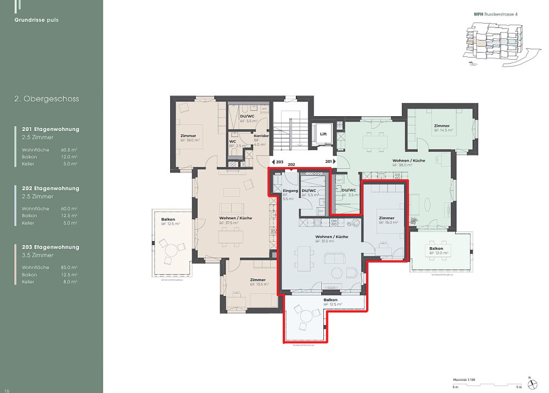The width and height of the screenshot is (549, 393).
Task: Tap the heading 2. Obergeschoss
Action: [x=47, y=99]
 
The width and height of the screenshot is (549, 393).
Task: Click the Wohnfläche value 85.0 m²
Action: [x=69, y=267]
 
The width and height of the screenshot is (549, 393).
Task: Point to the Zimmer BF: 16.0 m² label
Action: [x=387, y=220]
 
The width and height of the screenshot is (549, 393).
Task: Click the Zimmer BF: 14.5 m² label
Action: [x=443, y=128]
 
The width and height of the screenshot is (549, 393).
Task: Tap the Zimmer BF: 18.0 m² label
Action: [x=189, y=138]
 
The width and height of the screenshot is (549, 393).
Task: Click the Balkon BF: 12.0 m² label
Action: [x=439, y=251]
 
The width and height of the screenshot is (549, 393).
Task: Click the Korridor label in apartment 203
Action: [x=260, y=136]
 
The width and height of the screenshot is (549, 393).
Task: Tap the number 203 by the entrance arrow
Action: [x=279, y=162]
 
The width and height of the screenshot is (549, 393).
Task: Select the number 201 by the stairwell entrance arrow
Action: [x=329, y=162]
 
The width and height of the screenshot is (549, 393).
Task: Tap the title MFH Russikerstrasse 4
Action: [x=496, y=14]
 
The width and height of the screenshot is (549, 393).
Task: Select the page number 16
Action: [x=7, y=390]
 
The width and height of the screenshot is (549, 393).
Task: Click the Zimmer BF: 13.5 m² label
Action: [x=258, y=282]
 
